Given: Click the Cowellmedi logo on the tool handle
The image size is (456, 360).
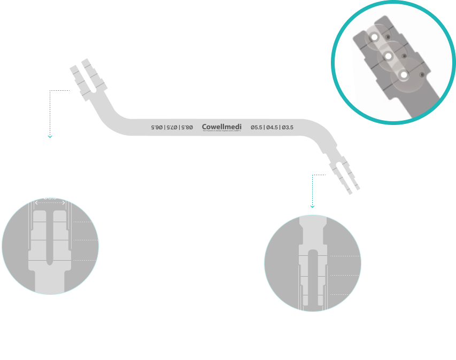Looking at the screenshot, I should click(221, 127).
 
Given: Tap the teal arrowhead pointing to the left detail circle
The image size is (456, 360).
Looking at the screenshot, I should click(50, 136).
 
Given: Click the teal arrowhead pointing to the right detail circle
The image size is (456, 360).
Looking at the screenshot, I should click(313, 206).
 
